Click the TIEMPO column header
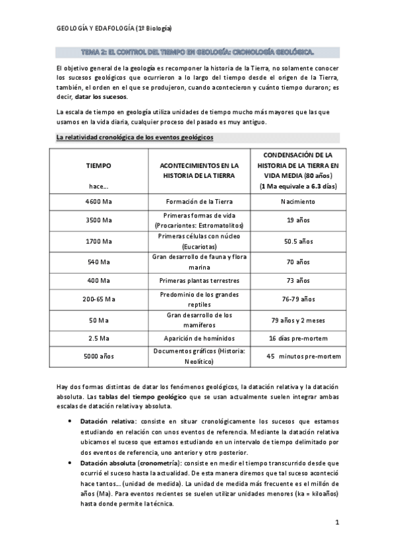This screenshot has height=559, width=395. pos(98,165)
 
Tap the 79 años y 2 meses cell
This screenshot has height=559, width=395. pos(298,320)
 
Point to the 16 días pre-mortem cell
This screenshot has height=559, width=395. pos(298,338)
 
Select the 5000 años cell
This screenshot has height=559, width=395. pos(98,356)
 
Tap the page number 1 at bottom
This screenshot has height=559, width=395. pos(336,523)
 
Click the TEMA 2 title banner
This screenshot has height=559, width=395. pos(197,51)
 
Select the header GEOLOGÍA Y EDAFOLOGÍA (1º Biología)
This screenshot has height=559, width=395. pos(114,28)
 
